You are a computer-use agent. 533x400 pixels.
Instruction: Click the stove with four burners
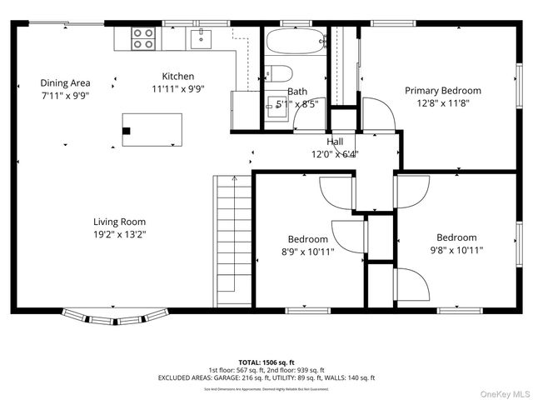[142, 37]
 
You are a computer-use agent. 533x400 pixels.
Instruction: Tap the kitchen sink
[200, 37]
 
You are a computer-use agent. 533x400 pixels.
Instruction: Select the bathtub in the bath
[296, 41]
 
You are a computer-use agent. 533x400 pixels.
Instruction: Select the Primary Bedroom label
[443, 90]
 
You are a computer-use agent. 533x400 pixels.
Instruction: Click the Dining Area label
[65, 82]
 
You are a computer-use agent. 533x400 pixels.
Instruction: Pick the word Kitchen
[177, 76]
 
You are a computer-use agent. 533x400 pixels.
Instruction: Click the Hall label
[335, 142]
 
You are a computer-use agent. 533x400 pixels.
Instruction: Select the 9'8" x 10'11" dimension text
[456, 250]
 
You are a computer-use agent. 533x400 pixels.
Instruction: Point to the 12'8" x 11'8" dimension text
[443, 103]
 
